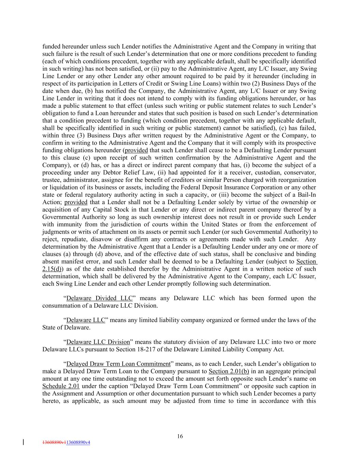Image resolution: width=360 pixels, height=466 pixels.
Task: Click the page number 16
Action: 180,436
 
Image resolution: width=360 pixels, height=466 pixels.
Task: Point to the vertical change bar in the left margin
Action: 23,442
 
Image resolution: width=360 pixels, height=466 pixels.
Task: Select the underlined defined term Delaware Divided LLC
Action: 99,298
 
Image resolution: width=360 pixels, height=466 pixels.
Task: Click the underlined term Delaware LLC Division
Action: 98,342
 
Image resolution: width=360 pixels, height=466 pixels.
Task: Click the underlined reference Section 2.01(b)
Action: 229,371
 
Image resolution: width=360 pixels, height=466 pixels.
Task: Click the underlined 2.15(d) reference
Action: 52,269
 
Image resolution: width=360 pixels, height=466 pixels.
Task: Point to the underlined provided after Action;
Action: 76,202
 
